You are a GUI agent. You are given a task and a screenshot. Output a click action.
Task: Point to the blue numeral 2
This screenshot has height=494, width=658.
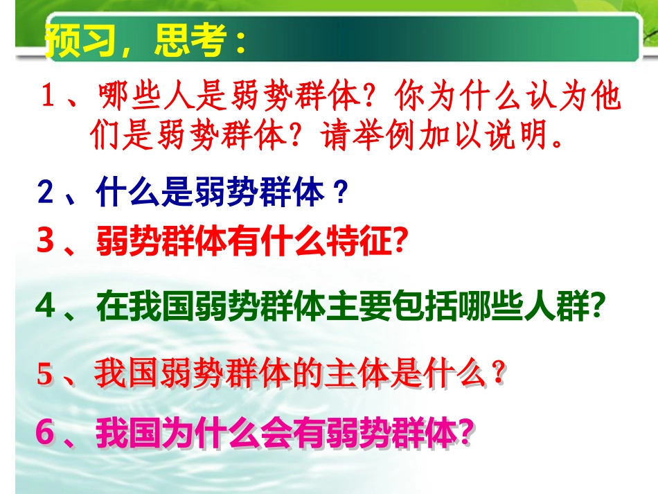click(46, 193)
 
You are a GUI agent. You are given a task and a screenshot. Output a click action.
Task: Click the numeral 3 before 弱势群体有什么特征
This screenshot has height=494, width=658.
click(46, 242)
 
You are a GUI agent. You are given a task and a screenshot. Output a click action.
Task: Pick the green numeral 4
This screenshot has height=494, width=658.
click(46, 308)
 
